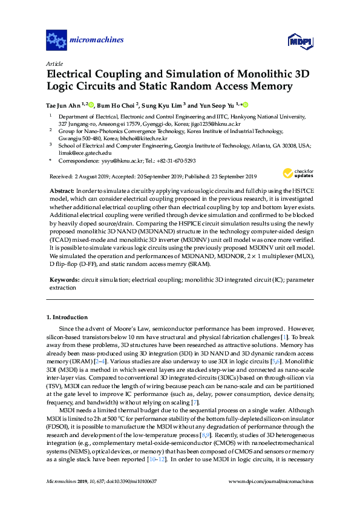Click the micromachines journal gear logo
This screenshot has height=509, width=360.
[x=56, y=41]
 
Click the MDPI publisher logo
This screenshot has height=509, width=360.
[x=297, y=41]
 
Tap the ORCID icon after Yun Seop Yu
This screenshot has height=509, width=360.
[x=246, y=104]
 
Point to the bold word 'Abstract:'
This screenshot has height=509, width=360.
[x=62, y=190]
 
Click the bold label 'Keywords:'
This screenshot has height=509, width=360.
[x=64, y=280]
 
